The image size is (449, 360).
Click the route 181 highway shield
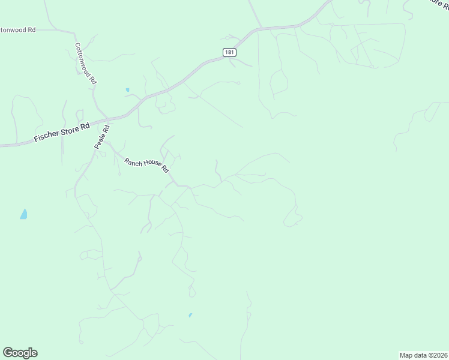(x=229, y=52)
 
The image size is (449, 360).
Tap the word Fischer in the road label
(x=46, y=135)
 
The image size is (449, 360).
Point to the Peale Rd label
(x=102, y=137)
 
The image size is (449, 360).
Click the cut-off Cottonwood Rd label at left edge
(x=17, y=29)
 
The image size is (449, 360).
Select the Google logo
(x=20, y=353)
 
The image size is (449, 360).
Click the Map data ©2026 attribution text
(x=423, y=355)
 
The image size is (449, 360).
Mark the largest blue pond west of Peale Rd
(x=23, y=214)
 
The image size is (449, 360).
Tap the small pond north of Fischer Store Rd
(x=127, y=90)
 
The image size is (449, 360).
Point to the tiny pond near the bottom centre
(x=190, y=315)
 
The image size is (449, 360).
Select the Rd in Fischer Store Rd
(x=85, y=125)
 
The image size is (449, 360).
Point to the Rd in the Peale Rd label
(x=106, y=128)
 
